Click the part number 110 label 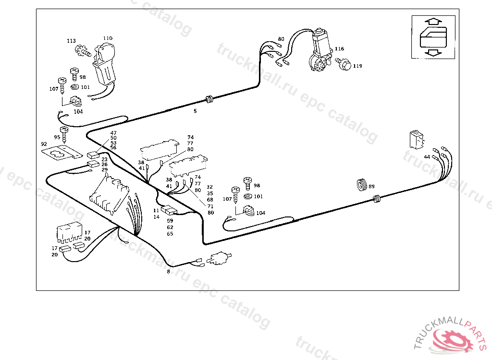107,38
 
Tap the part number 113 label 71,41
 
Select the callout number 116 340,48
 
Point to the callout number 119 357,66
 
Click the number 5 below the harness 195,111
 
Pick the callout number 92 44,144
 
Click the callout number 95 57,137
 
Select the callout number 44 427,157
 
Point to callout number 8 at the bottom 168,272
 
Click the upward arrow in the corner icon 433,22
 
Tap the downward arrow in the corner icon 433,52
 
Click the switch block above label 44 416,140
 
